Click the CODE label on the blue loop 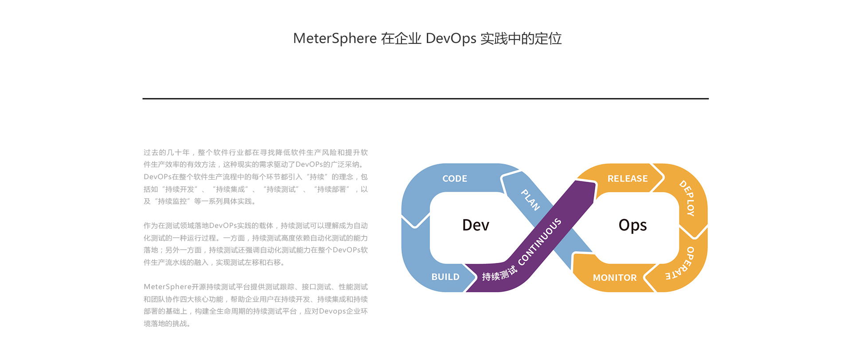[454, 179]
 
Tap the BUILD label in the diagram [445, 277]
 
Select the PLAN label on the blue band [530, 200]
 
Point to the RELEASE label [627, 179]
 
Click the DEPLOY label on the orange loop [687, 198]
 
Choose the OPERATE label [681, 264]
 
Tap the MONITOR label [614, 278]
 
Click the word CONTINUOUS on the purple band [539, 242]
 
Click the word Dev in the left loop [476, 225]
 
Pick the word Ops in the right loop [632, 225]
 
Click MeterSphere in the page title [335, 39]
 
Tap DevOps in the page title [450, 39]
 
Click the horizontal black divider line [425, 98]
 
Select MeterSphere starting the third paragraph [168, 287]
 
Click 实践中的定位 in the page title [521, 39]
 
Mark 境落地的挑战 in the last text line [167, 324]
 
